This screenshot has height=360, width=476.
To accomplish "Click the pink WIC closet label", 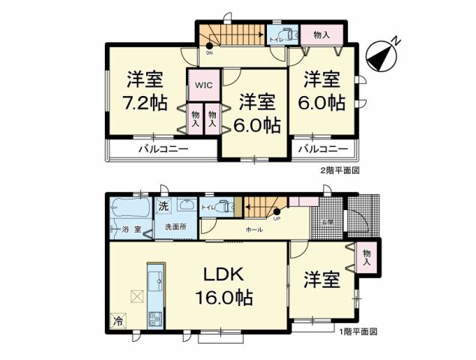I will pos(205,85).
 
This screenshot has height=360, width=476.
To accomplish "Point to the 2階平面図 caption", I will pos(342,171).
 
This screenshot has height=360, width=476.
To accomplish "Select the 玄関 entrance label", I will pos(328,222).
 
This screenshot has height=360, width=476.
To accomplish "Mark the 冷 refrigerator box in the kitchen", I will pos(118,322).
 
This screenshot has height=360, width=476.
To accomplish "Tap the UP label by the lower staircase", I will pos(277,218).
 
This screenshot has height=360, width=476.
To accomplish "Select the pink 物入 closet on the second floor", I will pos(321,34).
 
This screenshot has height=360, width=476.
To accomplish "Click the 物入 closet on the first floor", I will pos(367,256).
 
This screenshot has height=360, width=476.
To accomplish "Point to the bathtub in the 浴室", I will pos(128,205).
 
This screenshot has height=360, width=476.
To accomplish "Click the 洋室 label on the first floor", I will pos(321,280).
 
